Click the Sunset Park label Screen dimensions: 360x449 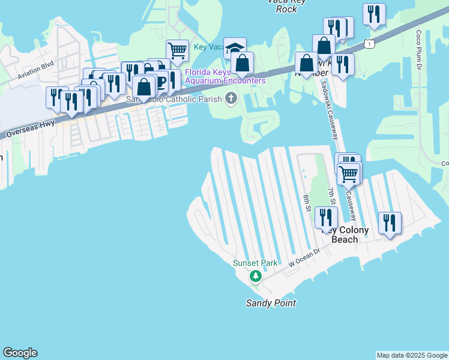255,263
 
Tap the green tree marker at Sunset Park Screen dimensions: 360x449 256,276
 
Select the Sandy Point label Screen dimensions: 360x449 271,303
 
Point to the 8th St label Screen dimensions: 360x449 306,203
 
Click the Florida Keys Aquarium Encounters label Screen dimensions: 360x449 225,76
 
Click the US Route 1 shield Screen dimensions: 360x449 370,44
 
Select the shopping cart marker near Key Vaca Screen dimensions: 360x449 177,50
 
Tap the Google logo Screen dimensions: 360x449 20,353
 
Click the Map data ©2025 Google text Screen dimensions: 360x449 411,355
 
